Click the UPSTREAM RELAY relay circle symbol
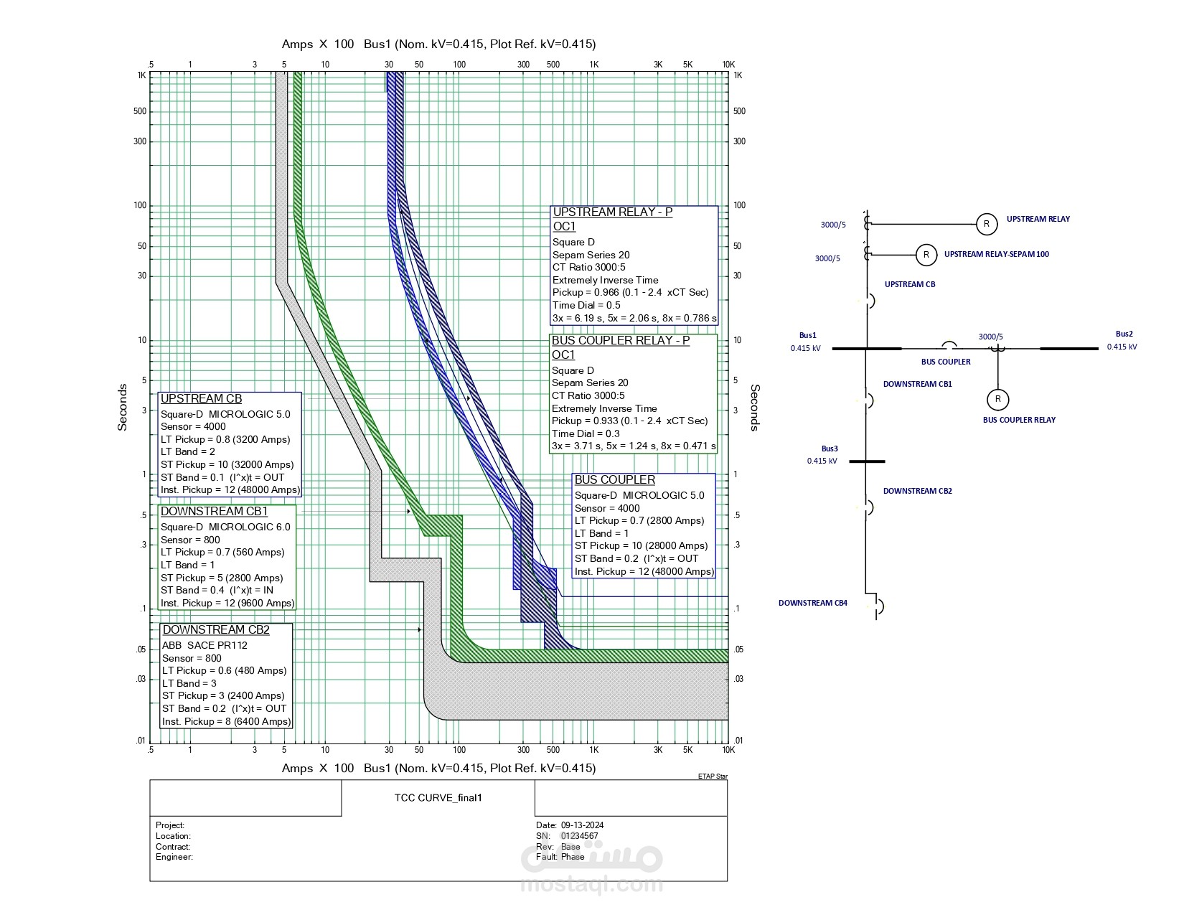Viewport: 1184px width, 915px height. tap(987, 224)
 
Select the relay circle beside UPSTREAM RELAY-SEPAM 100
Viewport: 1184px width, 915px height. tap(926, 255)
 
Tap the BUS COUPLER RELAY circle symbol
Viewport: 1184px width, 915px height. tap(997, 399)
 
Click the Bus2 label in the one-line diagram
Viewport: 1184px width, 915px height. tap(1124, 334)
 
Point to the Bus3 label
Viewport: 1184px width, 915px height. tap(830, 449)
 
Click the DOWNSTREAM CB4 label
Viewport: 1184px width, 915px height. tap(812, 603)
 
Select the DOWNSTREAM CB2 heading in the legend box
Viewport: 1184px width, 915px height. tap(216, 630)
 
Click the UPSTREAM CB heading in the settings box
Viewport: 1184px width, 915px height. tap(201, 399)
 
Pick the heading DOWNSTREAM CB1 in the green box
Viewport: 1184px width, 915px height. tap(214, 512)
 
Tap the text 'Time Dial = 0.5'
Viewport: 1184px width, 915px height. tap(586, 305)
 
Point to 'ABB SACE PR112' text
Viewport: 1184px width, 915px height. tap(205, 645)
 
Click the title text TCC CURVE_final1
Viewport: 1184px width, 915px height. tap(438, 797)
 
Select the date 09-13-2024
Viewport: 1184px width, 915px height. tap(582, 825)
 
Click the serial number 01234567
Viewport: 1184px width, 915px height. tap(579, 836)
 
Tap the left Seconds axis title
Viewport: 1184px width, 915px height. tap(123, 407)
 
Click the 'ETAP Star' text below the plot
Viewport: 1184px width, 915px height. tap(712, 776)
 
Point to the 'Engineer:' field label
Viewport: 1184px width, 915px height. tap(174, 857)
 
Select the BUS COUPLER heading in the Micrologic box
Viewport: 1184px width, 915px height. tap(614, 480)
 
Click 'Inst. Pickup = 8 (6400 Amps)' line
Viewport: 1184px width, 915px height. tap(226, 721)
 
